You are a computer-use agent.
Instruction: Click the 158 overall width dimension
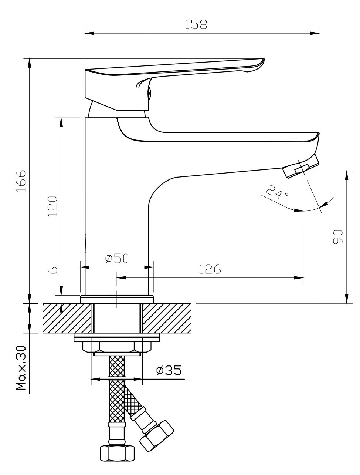196,24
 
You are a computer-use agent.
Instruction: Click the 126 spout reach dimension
210,269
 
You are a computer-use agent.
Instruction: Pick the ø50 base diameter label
117,258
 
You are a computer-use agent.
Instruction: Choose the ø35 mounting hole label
168,370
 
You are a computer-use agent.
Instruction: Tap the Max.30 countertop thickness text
21,368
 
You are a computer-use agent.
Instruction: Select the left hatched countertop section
67,317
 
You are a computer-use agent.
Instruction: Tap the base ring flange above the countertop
116,299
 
